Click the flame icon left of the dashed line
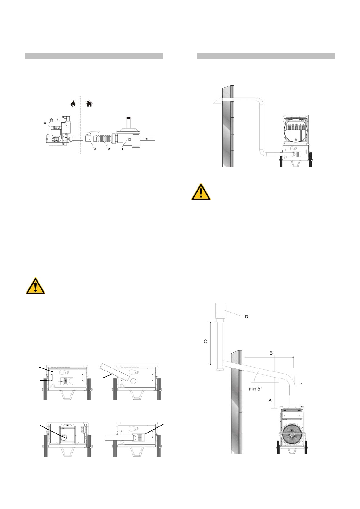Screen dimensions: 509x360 pos(73,104)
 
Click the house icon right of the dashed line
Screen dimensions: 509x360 pos(89,104)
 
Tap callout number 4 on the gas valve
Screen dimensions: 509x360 pos(45,123)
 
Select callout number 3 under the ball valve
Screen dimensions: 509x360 pos(95,149)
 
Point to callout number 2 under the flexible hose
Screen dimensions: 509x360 pos(109,149)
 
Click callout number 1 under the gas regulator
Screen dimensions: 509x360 pos(122,149)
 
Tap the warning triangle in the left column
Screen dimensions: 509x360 pos(35,286)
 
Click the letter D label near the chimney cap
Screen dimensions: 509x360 pos(247,316)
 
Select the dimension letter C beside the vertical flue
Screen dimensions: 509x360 pos(205,342)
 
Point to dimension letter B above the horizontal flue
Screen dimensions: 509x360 pos(271,353)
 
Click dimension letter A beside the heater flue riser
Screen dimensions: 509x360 pos(270,400)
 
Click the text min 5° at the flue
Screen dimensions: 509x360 pos(255,389)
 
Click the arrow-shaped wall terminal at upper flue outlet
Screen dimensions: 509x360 pos(217,101)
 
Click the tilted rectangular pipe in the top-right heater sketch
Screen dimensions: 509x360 pos(115,372)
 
